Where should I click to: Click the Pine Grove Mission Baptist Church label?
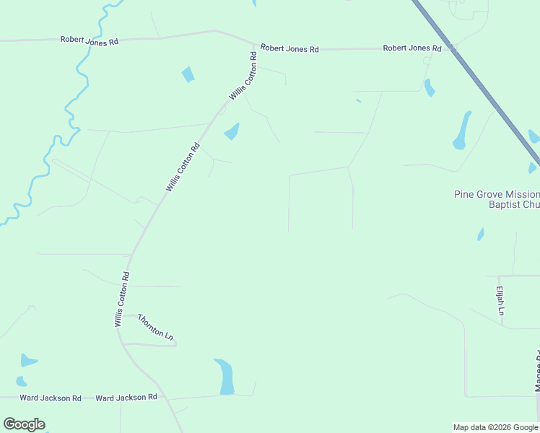point(497,199)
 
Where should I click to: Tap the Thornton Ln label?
point(156,328)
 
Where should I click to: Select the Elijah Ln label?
point(500,301)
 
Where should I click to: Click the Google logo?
point(25,424)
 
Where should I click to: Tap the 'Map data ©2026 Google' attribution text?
point(495,427)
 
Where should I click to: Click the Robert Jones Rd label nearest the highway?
point(412,48)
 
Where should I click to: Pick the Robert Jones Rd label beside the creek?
point(90,41)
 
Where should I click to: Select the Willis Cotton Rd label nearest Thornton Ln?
point(121,299)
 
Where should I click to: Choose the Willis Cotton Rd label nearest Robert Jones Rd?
point(243,76)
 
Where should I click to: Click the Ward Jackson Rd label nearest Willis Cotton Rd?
point(126,398)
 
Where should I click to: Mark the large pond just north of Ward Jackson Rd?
point(225,377)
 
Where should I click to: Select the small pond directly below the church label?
point(481,234)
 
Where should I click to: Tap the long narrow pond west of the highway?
point(461,130)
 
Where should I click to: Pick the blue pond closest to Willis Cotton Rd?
point(232,131)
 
